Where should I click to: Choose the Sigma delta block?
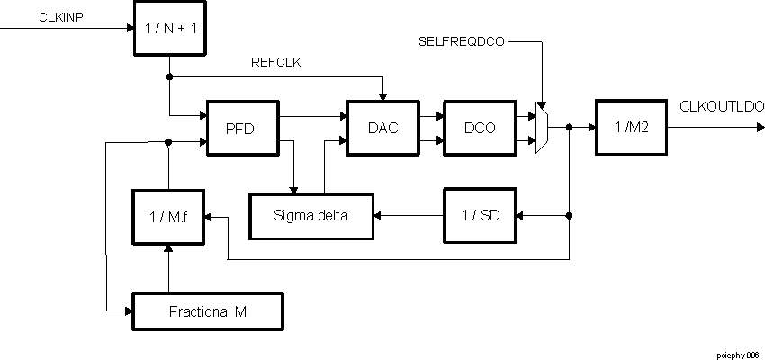click(311, 215)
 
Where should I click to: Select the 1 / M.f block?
click(168, 217)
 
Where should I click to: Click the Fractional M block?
click(208, 311)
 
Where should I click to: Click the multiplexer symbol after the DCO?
click(541, 128)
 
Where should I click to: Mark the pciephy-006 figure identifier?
click(738, 355)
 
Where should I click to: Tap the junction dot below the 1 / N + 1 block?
click(170, 76)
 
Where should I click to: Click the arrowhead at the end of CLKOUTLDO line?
click(760, 127)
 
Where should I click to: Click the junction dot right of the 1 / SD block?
click(569, 215)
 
